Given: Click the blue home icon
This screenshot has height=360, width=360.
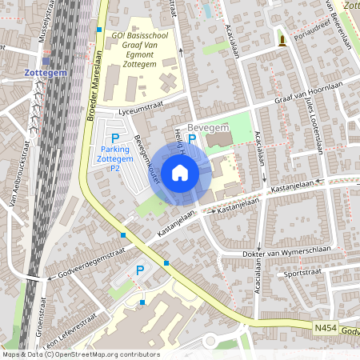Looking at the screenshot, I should click(x=180, y=173).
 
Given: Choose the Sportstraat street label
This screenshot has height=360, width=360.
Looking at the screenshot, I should click(x=303, y=272).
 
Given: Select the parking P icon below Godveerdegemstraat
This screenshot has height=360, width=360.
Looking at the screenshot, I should click(x=141, y=272).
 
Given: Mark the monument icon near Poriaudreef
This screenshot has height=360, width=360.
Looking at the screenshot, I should click(x=282, y=38).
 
